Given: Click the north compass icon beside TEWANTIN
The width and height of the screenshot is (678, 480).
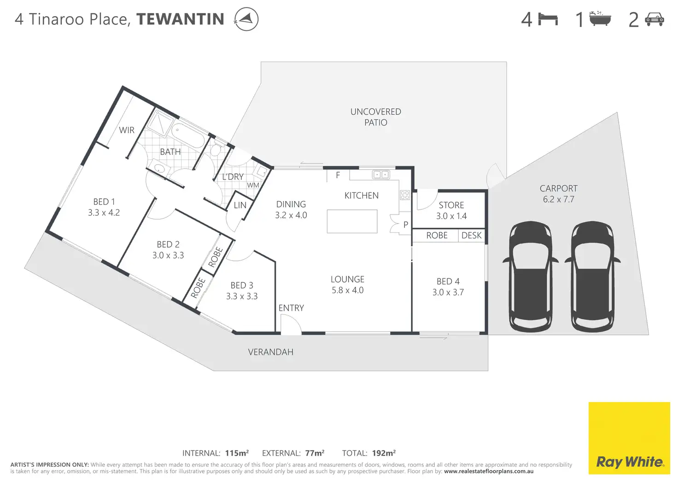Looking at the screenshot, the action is pos(246,19).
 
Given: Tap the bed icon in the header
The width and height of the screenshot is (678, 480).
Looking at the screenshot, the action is pos(548,19).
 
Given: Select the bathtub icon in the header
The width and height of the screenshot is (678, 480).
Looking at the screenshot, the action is pos(600,19).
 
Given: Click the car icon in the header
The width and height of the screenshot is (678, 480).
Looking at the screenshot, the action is pos(655,19).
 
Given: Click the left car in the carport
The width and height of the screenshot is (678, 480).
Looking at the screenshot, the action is pos(530,276).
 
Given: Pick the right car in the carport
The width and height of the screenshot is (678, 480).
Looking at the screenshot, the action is pos(592,276).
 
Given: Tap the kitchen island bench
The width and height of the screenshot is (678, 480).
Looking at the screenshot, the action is pos(352,221).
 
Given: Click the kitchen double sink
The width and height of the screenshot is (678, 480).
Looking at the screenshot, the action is pos(381,175).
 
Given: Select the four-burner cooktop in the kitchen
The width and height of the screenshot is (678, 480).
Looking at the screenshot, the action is pos(405,195).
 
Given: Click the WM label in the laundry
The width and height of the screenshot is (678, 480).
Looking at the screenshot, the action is pos(253,185).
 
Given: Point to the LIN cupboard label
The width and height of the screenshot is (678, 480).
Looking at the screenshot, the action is pos(240,205).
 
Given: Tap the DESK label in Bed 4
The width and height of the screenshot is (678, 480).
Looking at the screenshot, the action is pos(471,236).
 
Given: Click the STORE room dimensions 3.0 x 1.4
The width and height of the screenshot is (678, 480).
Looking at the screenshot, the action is pos(451,216).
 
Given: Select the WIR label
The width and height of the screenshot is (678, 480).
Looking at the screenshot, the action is pos(127,130).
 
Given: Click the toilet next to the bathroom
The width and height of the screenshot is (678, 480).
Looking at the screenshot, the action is pos(216,149).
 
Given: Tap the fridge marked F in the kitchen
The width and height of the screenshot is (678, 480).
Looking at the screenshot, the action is pos(338,175).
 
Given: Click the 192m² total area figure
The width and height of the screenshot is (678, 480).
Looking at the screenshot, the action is pos(383,453).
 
